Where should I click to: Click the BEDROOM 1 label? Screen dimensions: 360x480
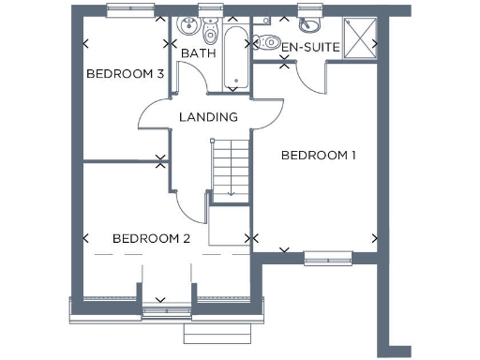319,156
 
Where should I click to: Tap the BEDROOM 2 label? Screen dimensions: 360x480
151,239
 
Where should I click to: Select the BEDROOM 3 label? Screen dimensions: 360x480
126,74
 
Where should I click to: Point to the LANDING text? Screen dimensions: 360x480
208,117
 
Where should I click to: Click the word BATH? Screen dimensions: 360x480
198,53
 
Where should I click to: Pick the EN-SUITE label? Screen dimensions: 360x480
310,46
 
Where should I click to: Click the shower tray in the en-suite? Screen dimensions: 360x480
358,36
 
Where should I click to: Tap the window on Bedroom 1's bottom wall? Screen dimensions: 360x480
328,256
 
